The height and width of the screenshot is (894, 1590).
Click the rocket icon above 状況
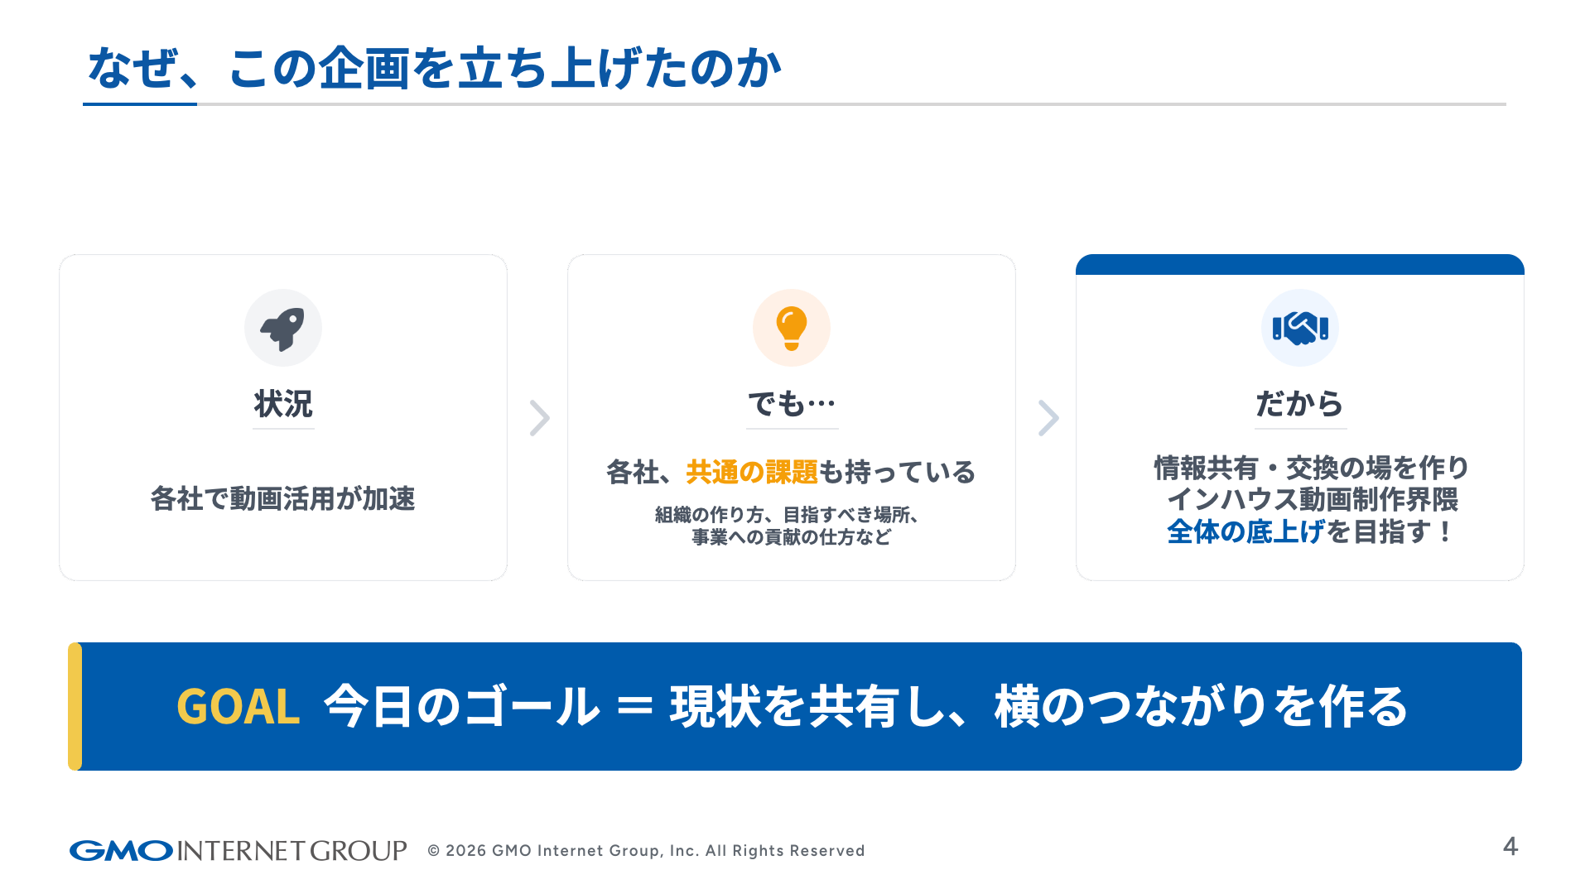pyautogui.click(x=282, y=329)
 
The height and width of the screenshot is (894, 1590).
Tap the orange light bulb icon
pyautogui.click(x=791, y=328)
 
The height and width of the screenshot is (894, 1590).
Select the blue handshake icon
pyautogui.click(x=1300, y=328)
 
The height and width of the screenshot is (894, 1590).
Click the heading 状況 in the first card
pyautogui.click(x=283, y=404)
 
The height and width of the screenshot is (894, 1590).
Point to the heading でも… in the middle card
pyautogui.click(x=792, y=404)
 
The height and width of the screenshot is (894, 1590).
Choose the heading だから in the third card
pyautogui.click(x=1300, y=404)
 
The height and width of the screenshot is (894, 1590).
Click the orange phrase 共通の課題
pyautogui.click(x=752, y=472)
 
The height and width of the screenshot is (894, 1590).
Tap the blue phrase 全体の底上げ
pyautogui.click(x=1245, y=531)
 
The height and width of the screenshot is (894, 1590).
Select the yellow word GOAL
pyautogui.click(x=238, y=707)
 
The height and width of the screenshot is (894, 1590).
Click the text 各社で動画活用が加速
pyautogui.click(x=282, y=499)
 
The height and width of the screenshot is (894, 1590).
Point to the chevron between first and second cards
pyautogui.click(x=540, y=418)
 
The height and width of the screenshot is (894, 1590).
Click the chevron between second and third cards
pyautogui.click(x=1048, y=418)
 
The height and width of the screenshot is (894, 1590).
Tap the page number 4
pyautogui.click(x=1510, y=847)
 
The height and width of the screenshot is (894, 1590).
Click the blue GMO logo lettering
pyautogui.click(x=121, y=851)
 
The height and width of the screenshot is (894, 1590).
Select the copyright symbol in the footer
pyautogui.click(x=433, y=851)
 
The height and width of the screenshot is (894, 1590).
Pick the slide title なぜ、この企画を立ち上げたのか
pyautogui.click(x=434, y=68)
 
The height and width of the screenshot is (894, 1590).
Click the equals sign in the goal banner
pyautogui.click(x=635, y=707)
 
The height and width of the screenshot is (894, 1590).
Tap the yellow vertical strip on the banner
pyautogui.click(x=75, y=707)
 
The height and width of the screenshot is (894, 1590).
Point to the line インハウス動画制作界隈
pyautogui.click(x=1313, y=499)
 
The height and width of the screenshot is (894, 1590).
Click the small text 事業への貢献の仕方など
pyautogui.click(x=792, y=537)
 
